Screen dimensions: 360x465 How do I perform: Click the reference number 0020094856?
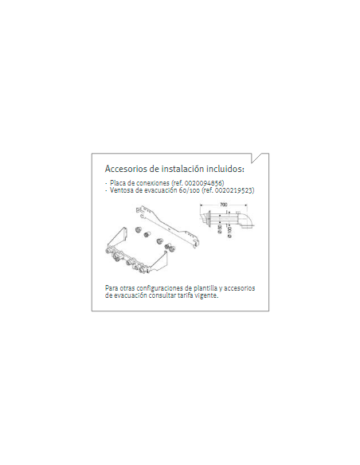point(205,183)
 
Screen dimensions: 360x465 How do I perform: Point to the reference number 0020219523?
point(236,190)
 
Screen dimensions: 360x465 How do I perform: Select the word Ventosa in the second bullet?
point(120,190)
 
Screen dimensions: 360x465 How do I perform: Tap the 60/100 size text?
point(190,190)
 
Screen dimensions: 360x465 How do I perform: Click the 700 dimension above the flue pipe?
point(224,205)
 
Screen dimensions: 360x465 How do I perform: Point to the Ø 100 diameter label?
point(229,232)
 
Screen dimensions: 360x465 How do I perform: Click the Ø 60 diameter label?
point(220,229)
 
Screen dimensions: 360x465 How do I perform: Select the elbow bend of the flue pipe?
point(247,221)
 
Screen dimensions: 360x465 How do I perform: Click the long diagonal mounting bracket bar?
point(167,227)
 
